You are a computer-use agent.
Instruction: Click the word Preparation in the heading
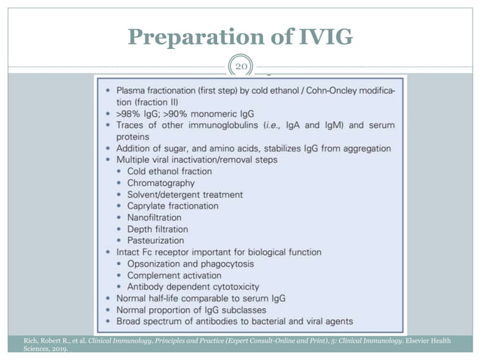point(191,36)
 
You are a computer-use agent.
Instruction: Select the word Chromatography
point(161,183)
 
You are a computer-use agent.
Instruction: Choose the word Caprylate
point(149,206)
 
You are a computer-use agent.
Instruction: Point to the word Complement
point(155,275)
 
